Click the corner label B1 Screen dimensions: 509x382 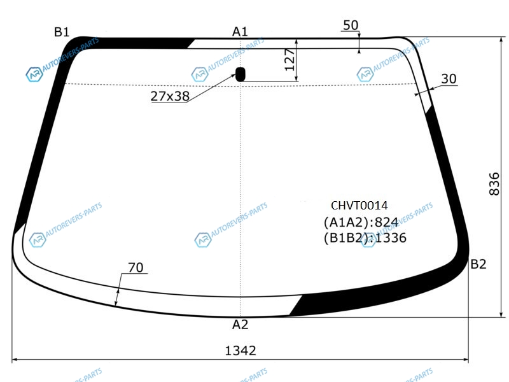(62, 32)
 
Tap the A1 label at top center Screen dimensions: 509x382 (240, 31)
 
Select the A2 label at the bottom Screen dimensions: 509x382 (241, 325)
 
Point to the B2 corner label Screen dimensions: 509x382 (478, 264)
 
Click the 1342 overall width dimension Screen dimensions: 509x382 (241, 351)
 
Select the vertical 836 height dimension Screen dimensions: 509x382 (494, 184)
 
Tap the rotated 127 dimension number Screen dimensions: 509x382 (289, 60)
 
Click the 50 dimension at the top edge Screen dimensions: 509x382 (351, 25)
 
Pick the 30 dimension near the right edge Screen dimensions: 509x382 (449, 78)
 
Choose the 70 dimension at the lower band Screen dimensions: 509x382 (136, 267)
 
